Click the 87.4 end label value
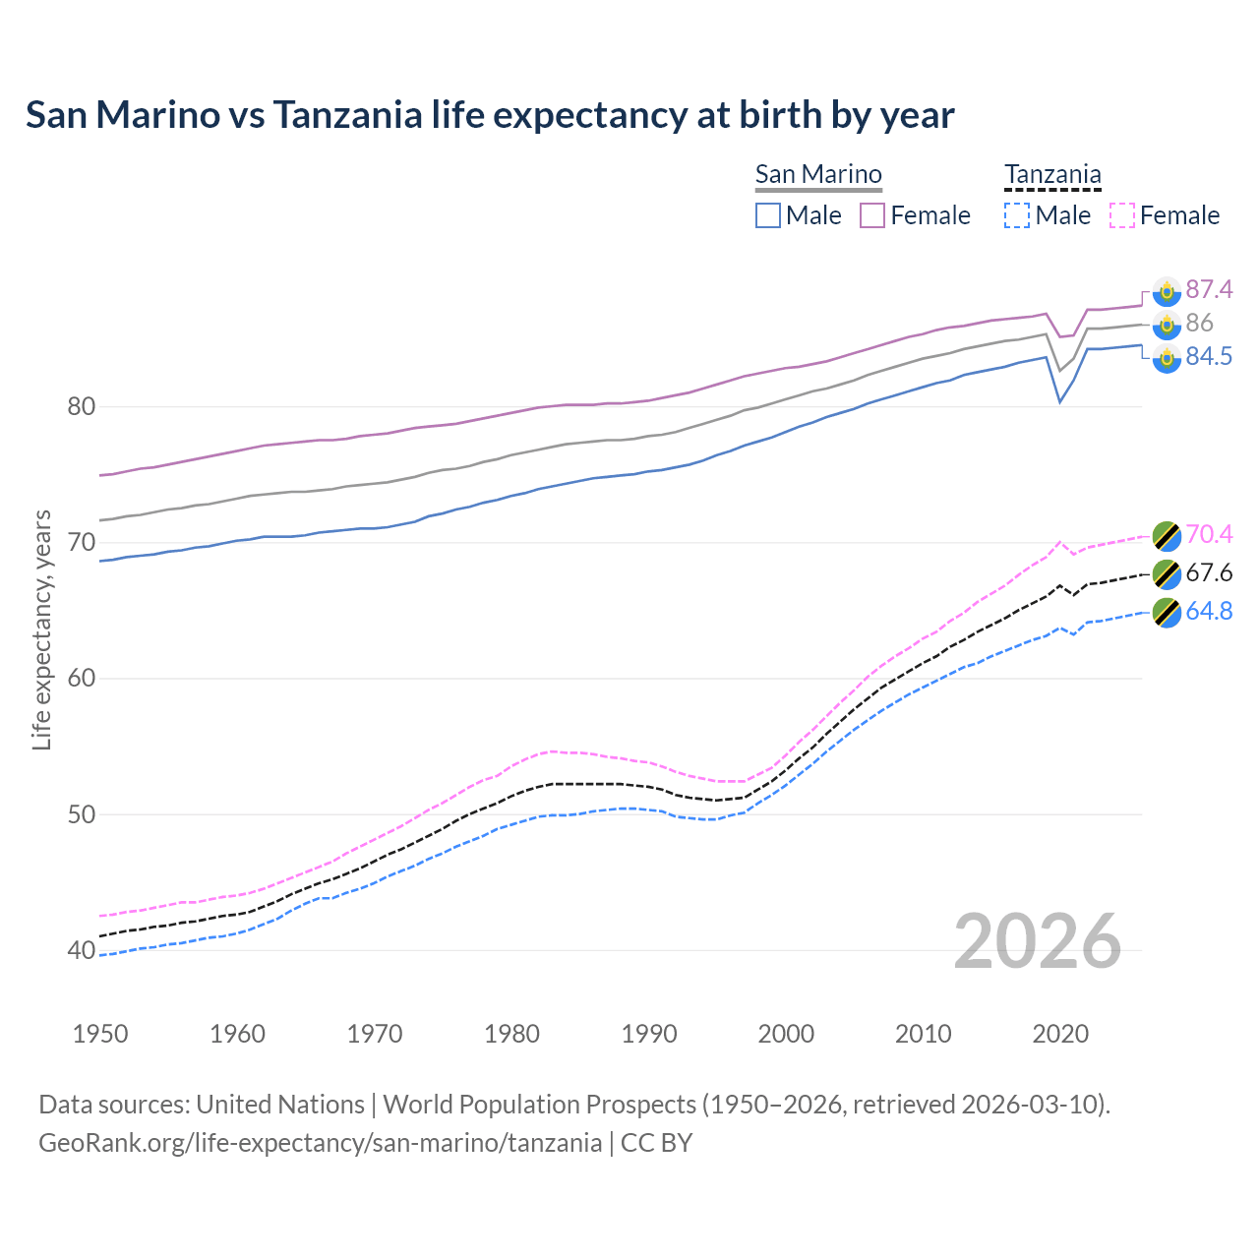point(1209,289)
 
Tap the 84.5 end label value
point(1209,356)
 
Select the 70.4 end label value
point(1209,534)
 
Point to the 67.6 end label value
point(1209,572)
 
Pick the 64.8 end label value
point(1209,611)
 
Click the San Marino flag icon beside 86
point(1167,324)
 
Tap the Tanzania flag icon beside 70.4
point(1167,535)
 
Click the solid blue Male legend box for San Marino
point(768,215)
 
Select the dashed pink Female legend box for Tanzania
point(1122,215)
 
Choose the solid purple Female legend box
point(872,215)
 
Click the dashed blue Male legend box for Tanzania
point(1017,215)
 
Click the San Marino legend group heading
point(818,174)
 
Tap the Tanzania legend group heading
point(1052,174)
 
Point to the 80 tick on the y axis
point(81,406)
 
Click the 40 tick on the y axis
point(81,950)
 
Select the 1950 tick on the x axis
point(100,1034)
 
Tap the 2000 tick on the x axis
point(786,1034)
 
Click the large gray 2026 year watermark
point(1038,941)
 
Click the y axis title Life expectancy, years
point(41,629)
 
